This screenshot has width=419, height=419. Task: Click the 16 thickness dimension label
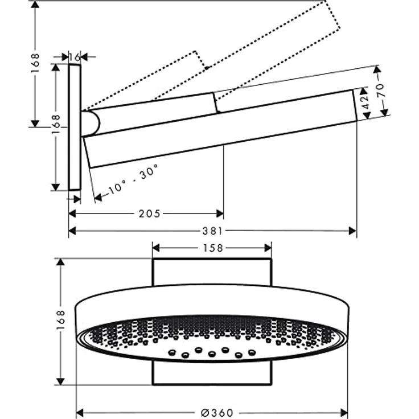point(75,57)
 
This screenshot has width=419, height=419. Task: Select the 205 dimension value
point(149,214)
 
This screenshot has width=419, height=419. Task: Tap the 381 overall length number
point(212,231)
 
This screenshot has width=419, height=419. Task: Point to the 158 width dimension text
point(213,248)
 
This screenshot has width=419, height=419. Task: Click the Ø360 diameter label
point(217,413)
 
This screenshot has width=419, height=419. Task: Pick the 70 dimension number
point(380,91)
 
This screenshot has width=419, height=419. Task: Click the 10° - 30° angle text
point(133,179)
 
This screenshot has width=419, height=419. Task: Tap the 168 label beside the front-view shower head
point(61,320)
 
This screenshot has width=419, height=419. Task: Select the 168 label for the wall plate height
point(56,125)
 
